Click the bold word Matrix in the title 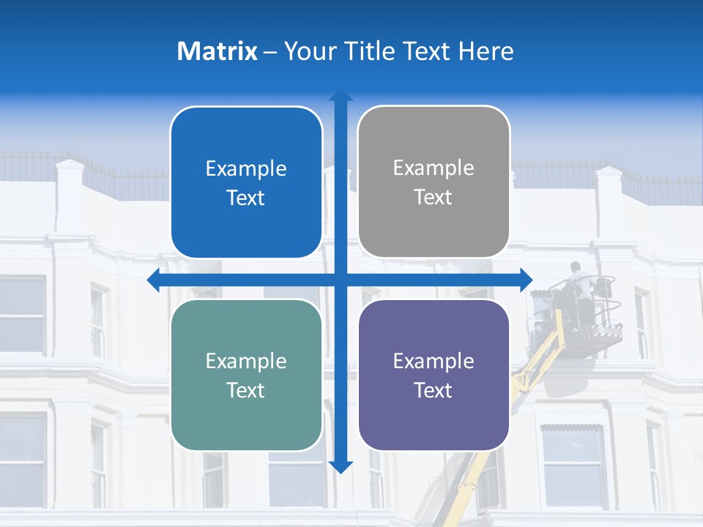point(217,51)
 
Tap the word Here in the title point(486,51)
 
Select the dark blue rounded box point(246,183)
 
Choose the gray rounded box point(434,182)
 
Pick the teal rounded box point(246,375)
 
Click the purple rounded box point(434,375)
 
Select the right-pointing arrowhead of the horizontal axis point(526,280)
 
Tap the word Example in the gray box point(434,168)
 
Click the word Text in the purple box point(434,390)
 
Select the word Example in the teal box point(246,361)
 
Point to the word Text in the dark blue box point(246,198)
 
